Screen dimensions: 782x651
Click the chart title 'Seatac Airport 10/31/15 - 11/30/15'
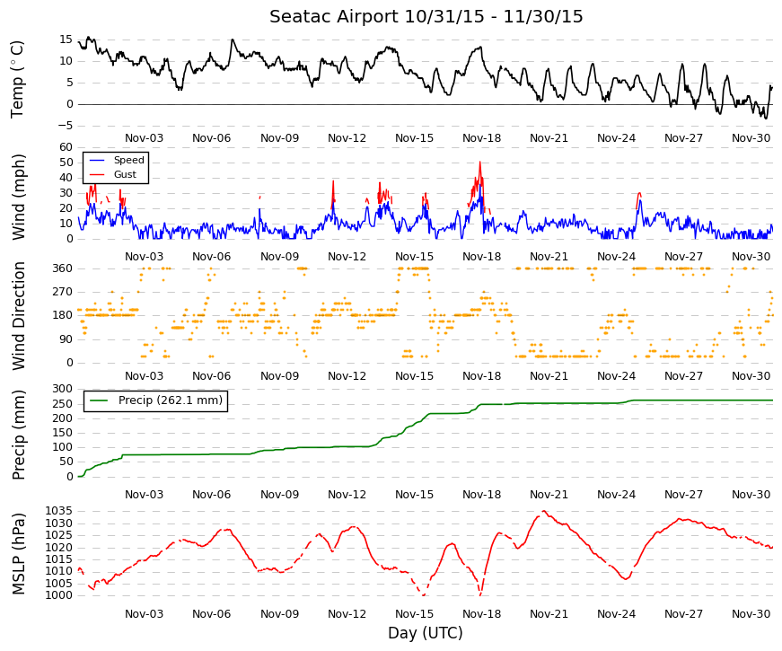coord(426,16)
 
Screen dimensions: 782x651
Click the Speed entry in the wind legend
coord(116,160)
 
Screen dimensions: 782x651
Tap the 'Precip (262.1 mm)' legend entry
coord(155,400)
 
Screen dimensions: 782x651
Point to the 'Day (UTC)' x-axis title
coord(426,632)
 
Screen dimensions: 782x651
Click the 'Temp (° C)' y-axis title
coord(17,79)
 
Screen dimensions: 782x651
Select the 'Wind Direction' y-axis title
coord(19,316)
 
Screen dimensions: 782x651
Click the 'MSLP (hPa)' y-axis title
coord(19,554)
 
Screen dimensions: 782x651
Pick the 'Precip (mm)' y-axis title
coord(19,435)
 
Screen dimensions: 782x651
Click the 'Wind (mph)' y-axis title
coord(19,197)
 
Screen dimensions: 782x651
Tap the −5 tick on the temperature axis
coord(65,126)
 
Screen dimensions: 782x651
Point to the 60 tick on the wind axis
coord(66,147)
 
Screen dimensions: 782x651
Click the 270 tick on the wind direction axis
coord(62,292)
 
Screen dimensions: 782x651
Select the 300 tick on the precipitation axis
coord(62,389)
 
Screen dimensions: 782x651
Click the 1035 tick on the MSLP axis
coord(59,511)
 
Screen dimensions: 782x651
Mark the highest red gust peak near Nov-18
coord(479,162)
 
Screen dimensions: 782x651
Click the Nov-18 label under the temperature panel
coord(481,138)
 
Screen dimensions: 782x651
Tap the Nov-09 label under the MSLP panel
coord(279,614)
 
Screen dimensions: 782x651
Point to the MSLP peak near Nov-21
coord(543,511)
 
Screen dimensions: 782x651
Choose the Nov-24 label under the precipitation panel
coord(616,495)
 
